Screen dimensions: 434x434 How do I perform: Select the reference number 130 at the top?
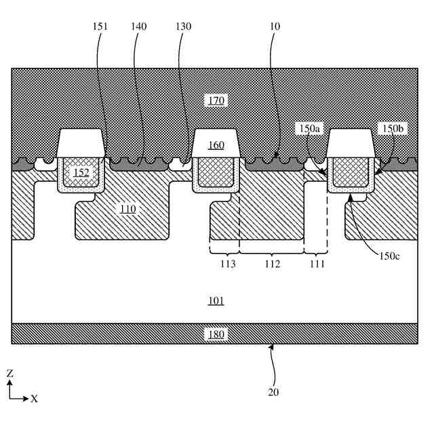pos(182,26)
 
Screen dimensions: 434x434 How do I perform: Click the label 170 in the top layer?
pos(216,101)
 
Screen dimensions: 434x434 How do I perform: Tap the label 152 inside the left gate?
pos(81,173)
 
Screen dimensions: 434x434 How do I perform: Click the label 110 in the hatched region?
pos(127,209)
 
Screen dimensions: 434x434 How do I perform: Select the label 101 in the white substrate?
pos(216,300)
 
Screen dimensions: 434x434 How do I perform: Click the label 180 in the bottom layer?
pos(216,334)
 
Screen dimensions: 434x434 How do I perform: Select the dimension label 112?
pos(272,264)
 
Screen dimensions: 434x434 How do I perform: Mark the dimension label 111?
pos(316,264)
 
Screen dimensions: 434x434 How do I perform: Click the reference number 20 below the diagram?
pos(273,391)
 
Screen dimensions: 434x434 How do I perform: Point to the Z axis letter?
pos(9,374)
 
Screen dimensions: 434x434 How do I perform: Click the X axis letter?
pos(34,399)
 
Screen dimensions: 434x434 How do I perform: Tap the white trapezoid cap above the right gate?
pos(351,142)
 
